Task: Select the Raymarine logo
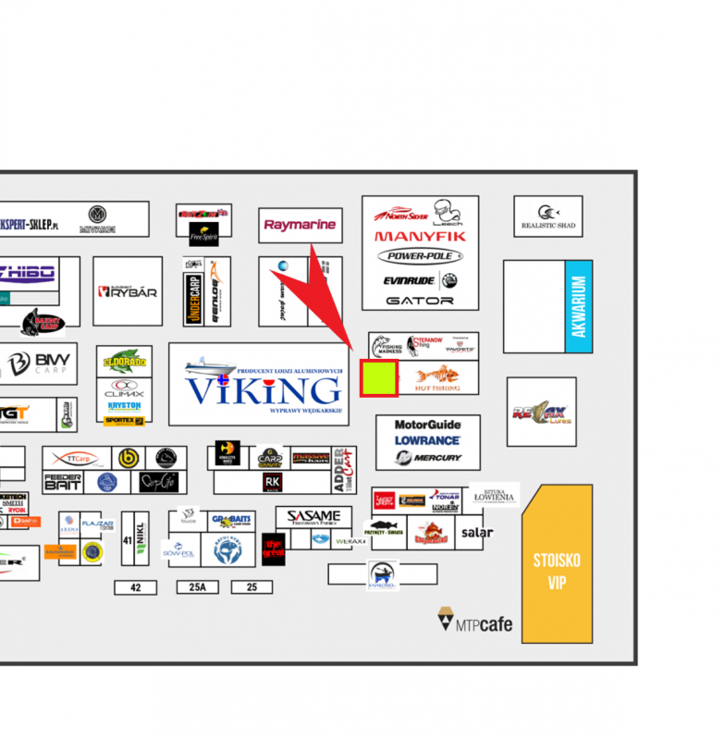click(x=301, y=225)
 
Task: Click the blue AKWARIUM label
click(x=579, y=306)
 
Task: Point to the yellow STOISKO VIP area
click(x=557, y=564)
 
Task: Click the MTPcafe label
click(x=475, y=623)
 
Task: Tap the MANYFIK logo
click(x=420, y=237)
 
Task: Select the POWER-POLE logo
click(x=420, y=256)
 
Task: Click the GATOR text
click(x=420, y=301)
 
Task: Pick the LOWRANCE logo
click(x=427, y=441)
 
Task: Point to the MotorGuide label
click(x=427, y=425)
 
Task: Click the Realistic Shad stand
click(x=548, y=216)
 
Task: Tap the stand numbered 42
click(x=136, y=587)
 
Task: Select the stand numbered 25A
click(x=197, y=587)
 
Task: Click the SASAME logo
click(x=313, y=516)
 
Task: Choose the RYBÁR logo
click(x=128, y=291)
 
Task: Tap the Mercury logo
click(x=431, y=457)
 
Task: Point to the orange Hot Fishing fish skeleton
click(x=436, y=376)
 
